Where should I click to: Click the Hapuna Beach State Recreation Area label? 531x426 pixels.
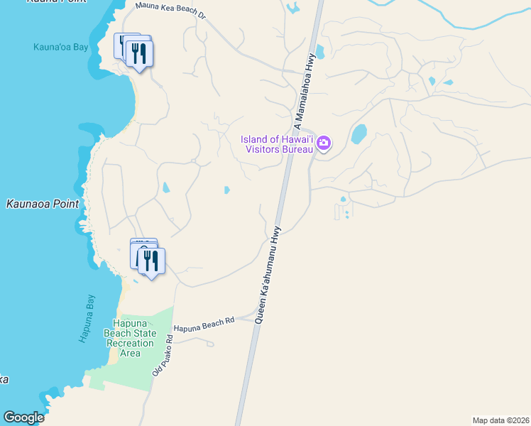pyautogui.click(x=130, y=338)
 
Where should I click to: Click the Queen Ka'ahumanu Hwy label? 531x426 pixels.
pyautogui.click(x=267, y=275)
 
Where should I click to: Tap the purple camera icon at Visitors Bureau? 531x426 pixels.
pyautogui.click(x=324, y=143)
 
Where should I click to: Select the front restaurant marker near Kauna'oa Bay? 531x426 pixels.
pyautogui.click(x=140, y=54)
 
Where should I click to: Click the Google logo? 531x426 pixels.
pyautogui.click(x=23, y=417)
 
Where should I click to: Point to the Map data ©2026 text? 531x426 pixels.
pyautogui.click(x=500, y=420)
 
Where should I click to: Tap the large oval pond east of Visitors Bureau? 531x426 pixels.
pyautogui.click(x=358, y=133)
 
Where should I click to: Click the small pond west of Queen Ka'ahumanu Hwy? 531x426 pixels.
pyautogui.click(x=226, y=190)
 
